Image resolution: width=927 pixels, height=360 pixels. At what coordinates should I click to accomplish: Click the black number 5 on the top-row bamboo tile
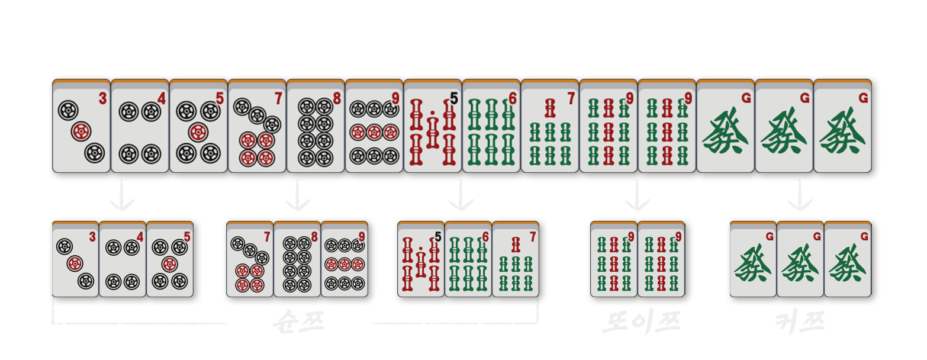(454, 98)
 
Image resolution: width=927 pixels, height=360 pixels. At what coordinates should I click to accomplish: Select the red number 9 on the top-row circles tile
(395, 98)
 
